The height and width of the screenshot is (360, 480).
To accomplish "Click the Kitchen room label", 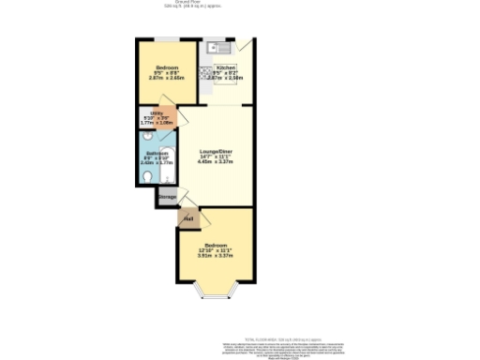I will point(226,68).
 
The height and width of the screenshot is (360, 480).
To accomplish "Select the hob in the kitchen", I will point(205,72).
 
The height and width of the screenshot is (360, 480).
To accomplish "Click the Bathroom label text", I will point(157,153).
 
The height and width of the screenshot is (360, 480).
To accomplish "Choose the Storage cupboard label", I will point(167,198).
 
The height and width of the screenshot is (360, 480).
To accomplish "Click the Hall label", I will point(188,219).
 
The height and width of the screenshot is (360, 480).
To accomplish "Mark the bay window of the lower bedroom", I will point(215,297).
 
